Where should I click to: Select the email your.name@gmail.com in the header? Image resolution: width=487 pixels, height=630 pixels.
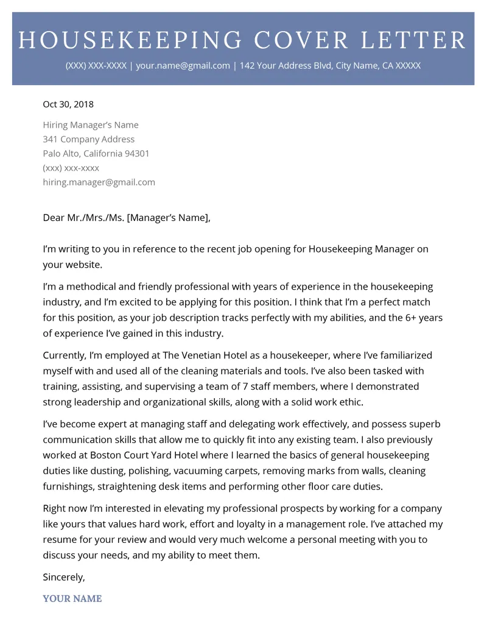point(183,66)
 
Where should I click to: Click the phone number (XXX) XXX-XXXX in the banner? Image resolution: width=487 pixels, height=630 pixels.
point(97,66)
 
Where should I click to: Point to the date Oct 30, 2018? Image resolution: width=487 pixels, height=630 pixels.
point(68,104)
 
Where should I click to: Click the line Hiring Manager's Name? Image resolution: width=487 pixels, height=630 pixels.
point(91,125)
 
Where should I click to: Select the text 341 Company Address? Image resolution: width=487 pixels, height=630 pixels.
point(89,139)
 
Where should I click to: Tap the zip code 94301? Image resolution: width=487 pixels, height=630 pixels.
point(137,153)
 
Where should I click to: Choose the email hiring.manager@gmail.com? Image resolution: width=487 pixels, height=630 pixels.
point(99,182)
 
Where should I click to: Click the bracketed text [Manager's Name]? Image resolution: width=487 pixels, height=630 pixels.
point(169,218)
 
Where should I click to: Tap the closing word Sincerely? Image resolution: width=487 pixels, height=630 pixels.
point(63,576)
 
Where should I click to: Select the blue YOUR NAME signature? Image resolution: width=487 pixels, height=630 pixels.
point(72,598)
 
